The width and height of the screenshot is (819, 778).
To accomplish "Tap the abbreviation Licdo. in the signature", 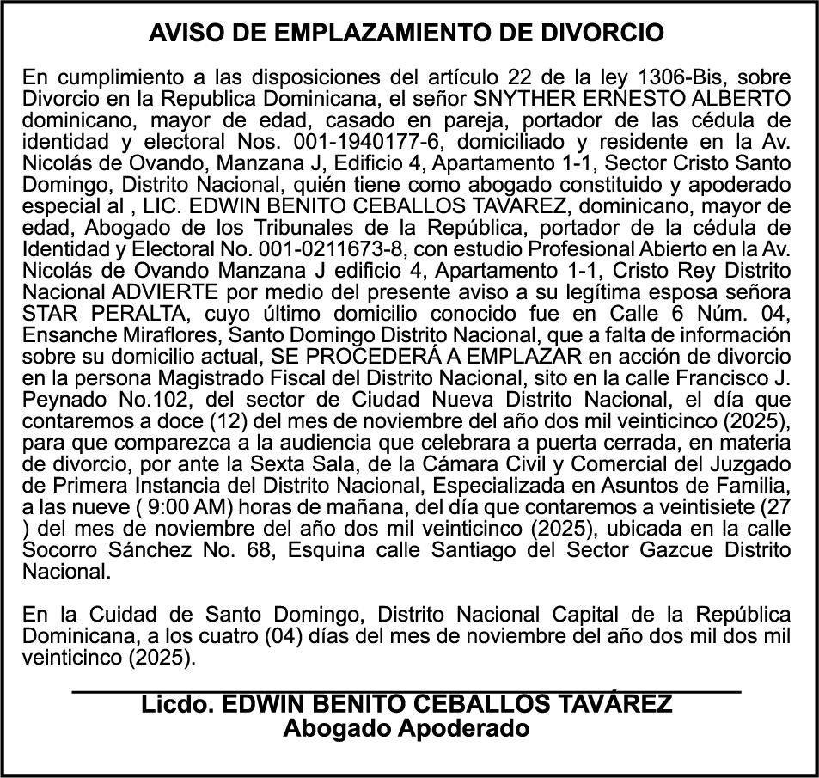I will [178, 705].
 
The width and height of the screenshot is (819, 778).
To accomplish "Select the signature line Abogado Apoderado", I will [406, 730].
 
